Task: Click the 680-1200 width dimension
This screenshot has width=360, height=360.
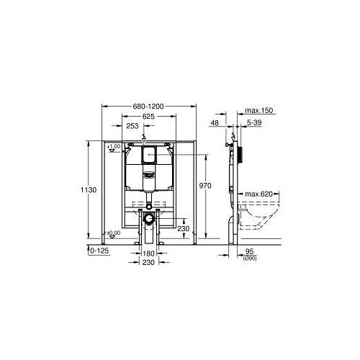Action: click(149, 106)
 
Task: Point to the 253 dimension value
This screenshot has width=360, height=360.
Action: click(133, 126)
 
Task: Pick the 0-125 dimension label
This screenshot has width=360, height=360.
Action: click(98, 250)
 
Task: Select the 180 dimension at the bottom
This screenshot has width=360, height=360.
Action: click(149, 254)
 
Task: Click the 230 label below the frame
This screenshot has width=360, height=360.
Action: click(149, 264)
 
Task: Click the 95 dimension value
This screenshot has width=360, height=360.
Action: click(251, 251)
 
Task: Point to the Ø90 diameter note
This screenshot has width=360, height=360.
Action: click(251, 258)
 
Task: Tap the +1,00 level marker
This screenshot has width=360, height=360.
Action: click(113, 147)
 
